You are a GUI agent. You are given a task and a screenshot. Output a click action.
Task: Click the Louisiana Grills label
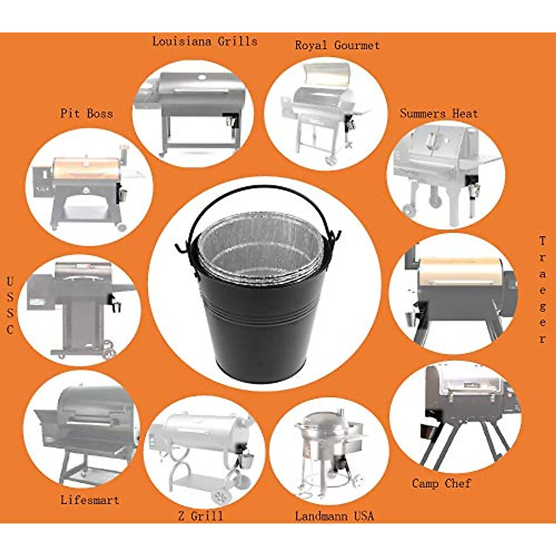pos(205,41)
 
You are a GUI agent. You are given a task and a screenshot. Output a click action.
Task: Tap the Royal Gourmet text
pos(337,45)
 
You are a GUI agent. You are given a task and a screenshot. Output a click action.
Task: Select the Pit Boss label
pos(87,113)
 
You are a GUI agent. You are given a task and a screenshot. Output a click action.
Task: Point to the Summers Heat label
pos(439,114)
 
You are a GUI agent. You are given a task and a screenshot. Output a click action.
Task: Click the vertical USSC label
pos(10,305)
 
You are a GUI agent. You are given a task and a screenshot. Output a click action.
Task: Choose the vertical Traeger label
pos(543,290)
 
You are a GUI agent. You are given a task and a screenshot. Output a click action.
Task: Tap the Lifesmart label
pos(90,500)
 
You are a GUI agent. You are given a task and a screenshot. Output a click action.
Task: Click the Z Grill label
pos(201,516)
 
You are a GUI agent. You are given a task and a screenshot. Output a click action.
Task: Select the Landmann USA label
pos(334,516)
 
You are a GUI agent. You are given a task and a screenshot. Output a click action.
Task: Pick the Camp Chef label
pos(441,484)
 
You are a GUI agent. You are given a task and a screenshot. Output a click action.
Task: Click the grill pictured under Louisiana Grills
pos(195,111)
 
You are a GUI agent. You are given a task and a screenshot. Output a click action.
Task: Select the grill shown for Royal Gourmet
pos(320,111)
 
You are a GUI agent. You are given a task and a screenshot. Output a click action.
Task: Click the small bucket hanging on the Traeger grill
pos(411,318)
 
